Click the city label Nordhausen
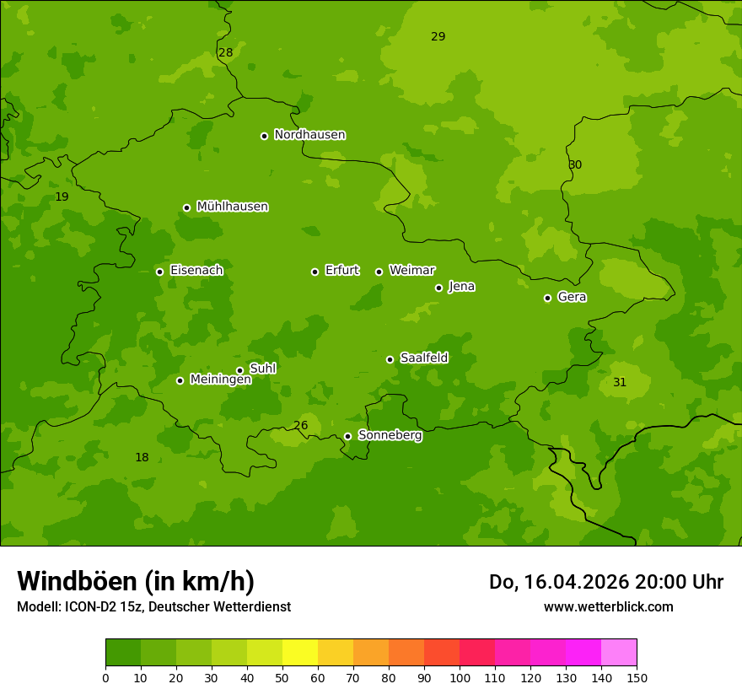tap(309, 135)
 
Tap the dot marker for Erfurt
tap(315, 272)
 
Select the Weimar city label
tap(411, 271)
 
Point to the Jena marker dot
tap(438, 288)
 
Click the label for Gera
tap(572, 297)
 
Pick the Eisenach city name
tap(196, 271)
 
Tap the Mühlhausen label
tap(232, 207)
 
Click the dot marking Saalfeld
tap(390, 359)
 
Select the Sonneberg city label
tap(390, 435)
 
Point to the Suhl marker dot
tap(239, 370)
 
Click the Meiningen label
tap(220, 380)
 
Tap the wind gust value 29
tap(438, 36)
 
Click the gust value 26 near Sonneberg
tap(300, 426)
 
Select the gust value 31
tap(620, 382)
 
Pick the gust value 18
tap(142, 458)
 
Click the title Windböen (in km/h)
tap(136, 581)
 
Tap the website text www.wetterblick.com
tap(608, 606)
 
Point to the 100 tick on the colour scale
tap(460, 677)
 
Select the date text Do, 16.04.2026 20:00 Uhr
tap(605, 582)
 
